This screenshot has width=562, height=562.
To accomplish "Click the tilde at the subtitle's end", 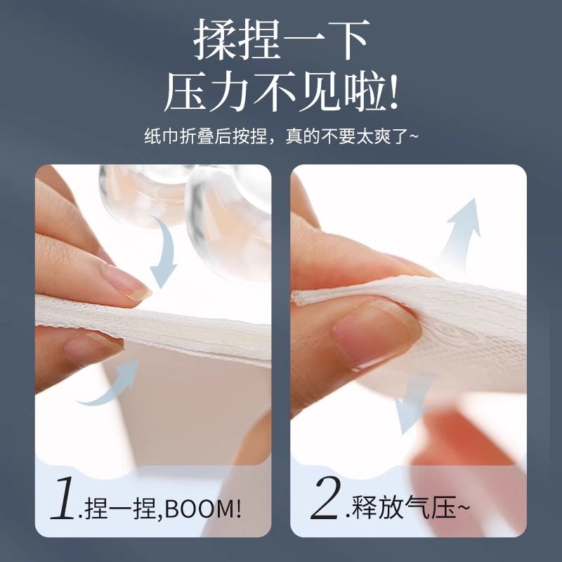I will pos(414,136).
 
